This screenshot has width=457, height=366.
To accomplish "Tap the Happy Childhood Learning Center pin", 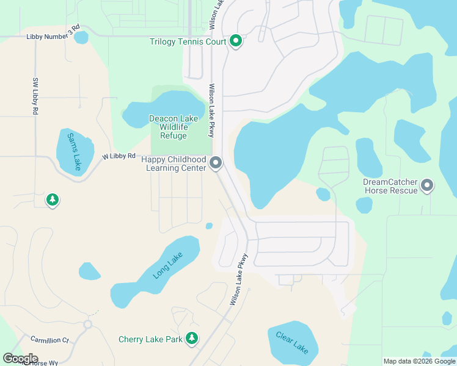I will click(x=216, y=163).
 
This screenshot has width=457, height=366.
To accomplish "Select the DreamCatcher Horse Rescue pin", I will click(x=426, y=185).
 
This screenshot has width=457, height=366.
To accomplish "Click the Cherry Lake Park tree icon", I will click(x=192, y=339).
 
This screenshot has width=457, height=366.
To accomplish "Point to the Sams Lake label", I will click(x=75, y=151).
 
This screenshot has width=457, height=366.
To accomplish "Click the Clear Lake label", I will click(x=292, y=343).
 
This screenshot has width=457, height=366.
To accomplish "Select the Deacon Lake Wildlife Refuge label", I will click(x=173, y=127).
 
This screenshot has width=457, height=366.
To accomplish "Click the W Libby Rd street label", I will click(x=119, y=157).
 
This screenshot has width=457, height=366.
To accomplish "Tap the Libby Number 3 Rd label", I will click(x=53, y=33).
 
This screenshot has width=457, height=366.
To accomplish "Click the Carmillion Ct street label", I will click(x=49, y=339).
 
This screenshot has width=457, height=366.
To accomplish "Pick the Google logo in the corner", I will click(x=20, y=358).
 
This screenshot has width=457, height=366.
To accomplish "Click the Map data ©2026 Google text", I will click(x=420, y=361).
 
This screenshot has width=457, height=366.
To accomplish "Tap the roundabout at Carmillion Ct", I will click(x=87, y=325).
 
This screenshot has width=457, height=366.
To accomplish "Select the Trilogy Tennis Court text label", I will click(x=188, y=42).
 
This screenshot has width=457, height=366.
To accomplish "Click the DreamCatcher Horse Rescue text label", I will click(x=390, y=186).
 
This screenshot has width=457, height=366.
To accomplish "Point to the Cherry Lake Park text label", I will click(x=150, y=339).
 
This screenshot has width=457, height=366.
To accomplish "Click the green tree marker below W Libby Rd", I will click(x=53, y=199).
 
